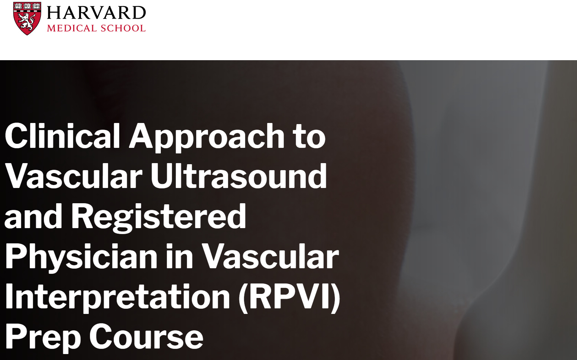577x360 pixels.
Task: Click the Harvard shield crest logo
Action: pyautogui.click(x=27, y=18)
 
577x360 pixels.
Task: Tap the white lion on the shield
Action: pyautogui.click(x=27, y=21)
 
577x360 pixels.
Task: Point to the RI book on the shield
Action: pyautogui.click(x=27, y=6)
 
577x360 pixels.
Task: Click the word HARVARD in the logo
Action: pyautogui.click(x=96, y=13)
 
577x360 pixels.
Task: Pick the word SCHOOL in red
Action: pyautogui.click(x=123, y=28)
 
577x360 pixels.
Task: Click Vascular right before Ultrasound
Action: pyautogui.click(x=74, y=176)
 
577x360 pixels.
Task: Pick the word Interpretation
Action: pyautogui.click(x=117, y=298)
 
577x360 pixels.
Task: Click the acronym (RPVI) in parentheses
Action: pyautogui.click(x=289, y=298)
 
